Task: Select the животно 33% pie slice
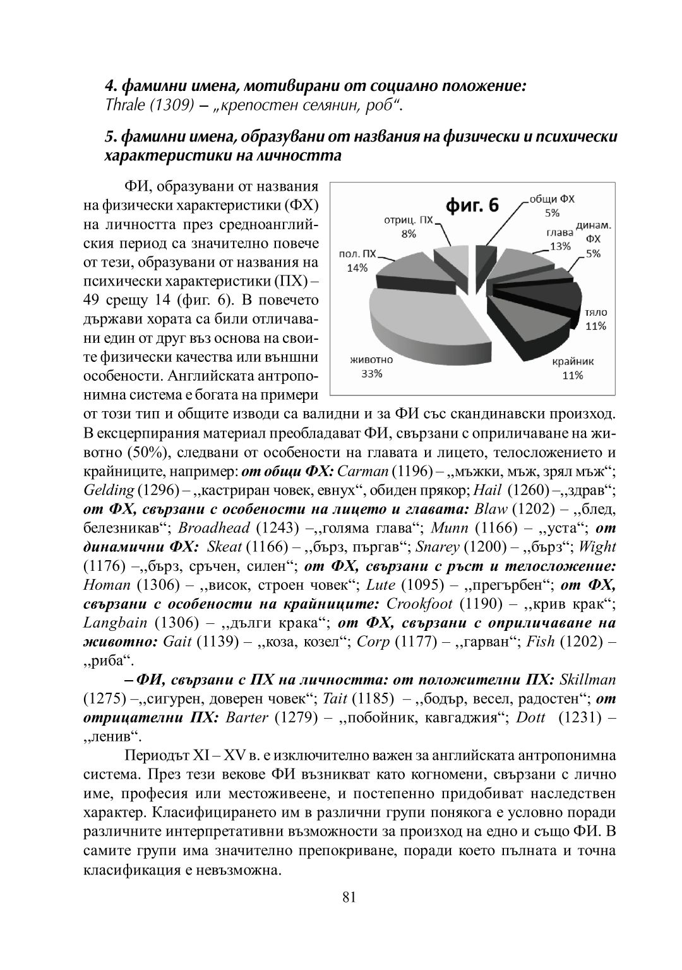[x=417, y=322]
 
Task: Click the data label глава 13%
[x=559, y=239]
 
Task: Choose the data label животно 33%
[x=371, y=366]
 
